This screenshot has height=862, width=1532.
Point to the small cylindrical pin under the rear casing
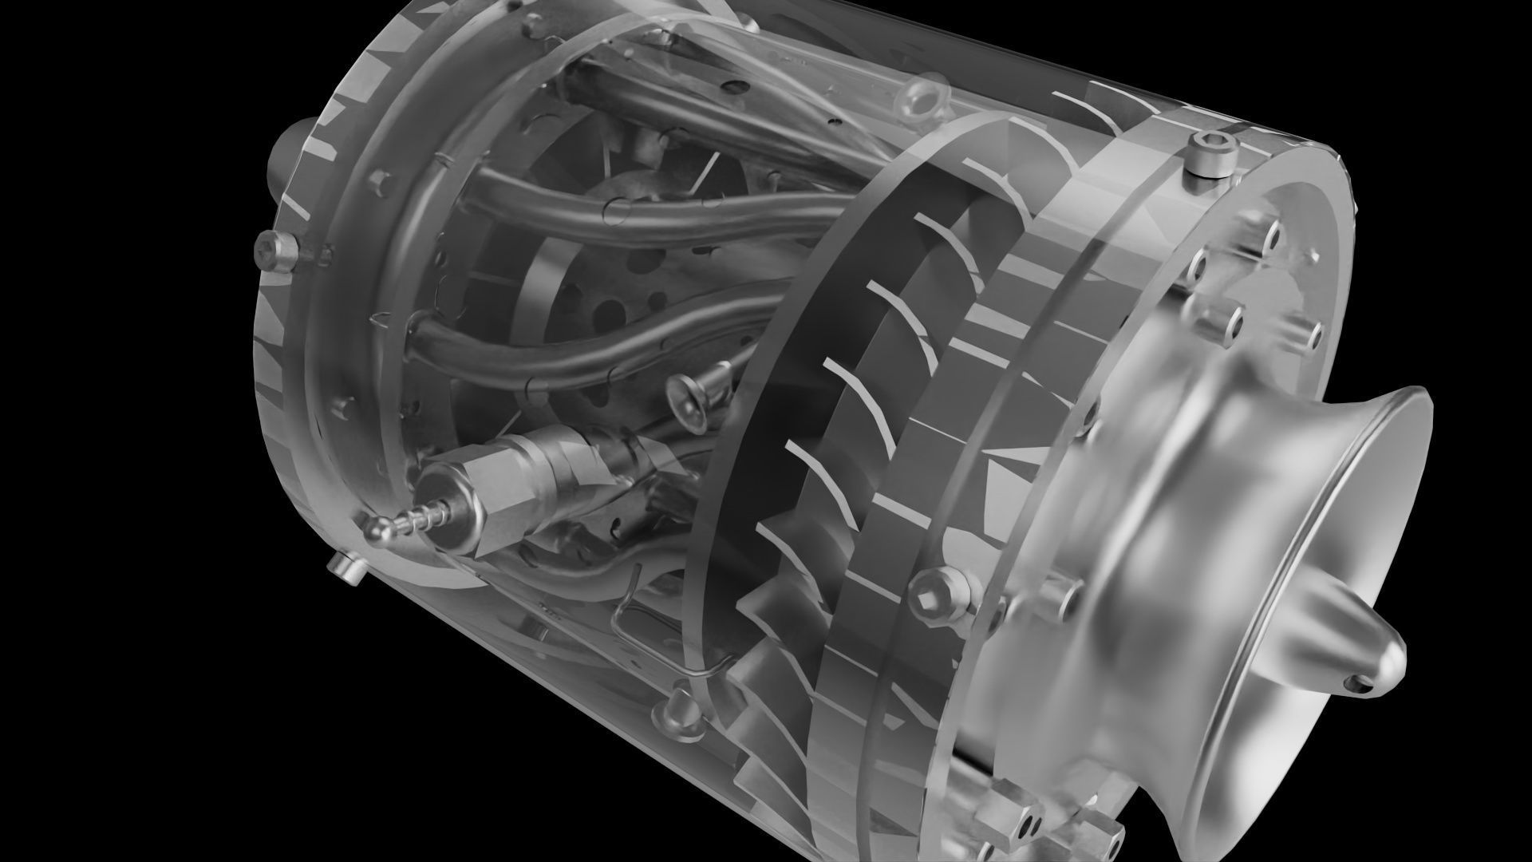pyautogui.click(x=345, y=568)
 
